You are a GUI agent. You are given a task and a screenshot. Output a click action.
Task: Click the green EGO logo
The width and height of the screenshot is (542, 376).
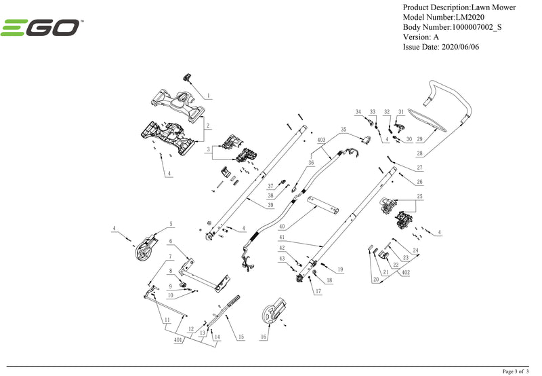(x=42, y=29)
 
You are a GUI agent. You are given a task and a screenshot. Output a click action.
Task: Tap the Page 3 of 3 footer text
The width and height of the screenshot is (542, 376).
(x=518, y=371)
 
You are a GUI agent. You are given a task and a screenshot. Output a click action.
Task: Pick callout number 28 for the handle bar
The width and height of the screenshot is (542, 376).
(x=419, y=154)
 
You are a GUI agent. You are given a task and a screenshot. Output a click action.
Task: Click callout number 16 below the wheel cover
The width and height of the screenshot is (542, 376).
(x=264, y=337)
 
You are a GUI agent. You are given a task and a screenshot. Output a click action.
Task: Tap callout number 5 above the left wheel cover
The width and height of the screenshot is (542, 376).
(x=171, y=223)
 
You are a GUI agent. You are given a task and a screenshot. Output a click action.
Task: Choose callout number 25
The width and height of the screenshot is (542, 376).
(x=420, y=195)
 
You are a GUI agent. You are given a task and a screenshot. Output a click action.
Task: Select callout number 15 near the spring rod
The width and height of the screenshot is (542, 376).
(x=239, y=337)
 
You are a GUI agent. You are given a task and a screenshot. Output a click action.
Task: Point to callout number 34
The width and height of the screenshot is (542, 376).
(x=358, y=111)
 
